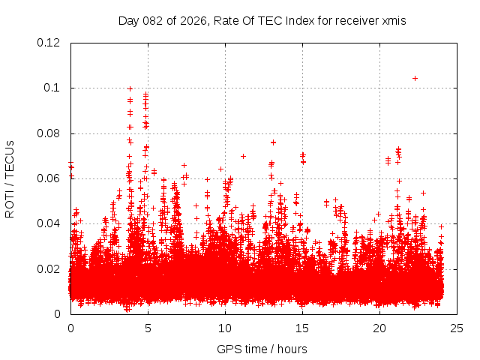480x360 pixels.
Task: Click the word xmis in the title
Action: pyautogui.click(x=394, y=20)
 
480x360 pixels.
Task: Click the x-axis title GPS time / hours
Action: pyautogui.click(x=262, y=349)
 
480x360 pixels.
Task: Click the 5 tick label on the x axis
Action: pyautogui.click(x=148, y=328)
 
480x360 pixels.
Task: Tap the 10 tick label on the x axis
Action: pyautogui.click(x=225, y=328)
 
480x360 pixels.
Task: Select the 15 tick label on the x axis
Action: pyautogui.click(x=302, y=328)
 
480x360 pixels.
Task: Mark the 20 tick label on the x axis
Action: pyautogui.click(x=379, y=328)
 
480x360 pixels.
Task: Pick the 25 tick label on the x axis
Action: pyautogui.click(x=457, y=328)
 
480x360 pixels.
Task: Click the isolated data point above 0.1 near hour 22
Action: pyautogui.click(x=415, y=78)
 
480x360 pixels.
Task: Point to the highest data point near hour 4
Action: pyautogui.click(x=130, y=88)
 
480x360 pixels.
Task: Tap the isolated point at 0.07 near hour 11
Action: pyautogui.click(x=243, y=156)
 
